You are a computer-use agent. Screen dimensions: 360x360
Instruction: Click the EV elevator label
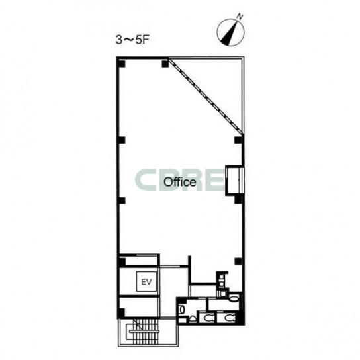tap(146, 281)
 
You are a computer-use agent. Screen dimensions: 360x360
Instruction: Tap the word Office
tap(180, 182)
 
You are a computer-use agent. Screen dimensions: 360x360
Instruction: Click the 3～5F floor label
tap(132, 40)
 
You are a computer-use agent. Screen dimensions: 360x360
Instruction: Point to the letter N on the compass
tap(240, 16)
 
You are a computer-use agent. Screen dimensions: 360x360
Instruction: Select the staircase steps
tap(143, 332)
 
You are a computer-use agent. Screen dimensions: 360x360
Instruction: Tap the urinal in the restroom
tap(193, 319)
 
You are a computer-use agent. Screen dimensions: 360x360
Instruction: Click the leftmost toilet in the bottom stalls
tap(208, 318)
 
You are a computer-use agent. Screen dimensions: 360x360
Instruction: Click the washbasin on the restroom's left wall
tap(181, 310)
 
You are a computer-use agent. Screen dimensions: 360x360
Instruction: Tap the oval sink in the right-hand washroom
tap(234, 298)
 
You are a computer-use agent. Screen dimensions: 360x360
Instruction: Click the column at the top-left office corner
tap(121, 63)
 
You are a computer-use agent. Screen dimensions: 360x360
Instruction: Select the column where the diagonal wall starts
tap(165, 64)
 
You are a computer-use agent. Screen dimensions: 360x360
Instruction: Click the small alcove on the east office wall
tap(234, 180)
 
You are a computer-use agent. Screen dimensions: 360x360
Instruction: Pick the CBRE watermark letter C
tap(145, 180)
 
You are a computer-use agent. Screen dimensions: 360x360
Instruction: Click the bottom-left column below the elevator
tap(121, 313)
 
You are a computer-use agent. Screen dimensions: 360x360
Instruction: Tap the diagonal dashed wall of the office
tap(206, 96)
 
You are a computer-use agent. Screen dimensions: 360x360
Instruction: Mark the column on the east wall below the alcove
tap(238, 199)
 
